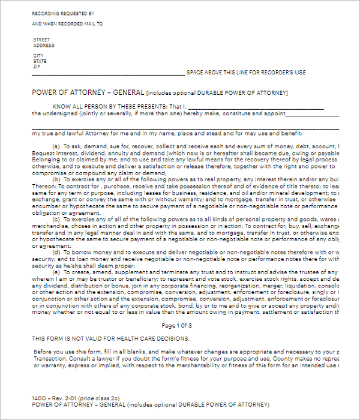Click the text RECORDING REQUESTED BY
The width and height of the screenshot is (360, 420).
(x=62, y=13)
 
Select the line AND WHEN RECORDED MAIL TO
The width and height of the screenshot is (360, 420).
(x=67, y=24)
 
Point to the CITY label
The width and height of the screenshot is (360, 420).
(x=38, y=56)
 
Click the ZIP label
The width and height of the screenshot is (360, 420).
(x=37, y=66)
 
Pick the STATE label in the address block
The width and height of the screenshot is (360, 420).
(x=40, y=61)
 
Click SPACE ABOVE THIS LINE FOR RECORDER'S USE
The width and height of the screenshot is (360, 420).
(x=246, y=73)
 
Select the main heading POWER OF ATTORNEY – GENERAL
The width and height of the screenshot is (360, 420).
(x=88, y=93)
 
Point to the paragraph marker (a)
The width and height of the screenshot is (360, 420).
(x=56, y=146)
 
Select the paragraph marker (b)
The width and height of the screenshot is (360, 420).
(x=56, y=179)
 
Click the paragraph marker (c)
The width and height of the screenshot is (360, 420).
(x=56, y=218)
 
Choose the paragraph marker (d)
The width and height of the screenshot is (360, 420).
(x=56, y=251)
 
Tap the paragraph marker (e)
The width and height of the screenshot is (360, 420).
(x=56, y=272)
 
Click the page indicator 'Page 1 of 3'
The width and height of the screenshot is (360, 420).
(x=178, y=325)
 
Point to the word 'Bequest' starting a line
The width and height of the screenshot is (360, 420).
(x=44, y=153)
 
